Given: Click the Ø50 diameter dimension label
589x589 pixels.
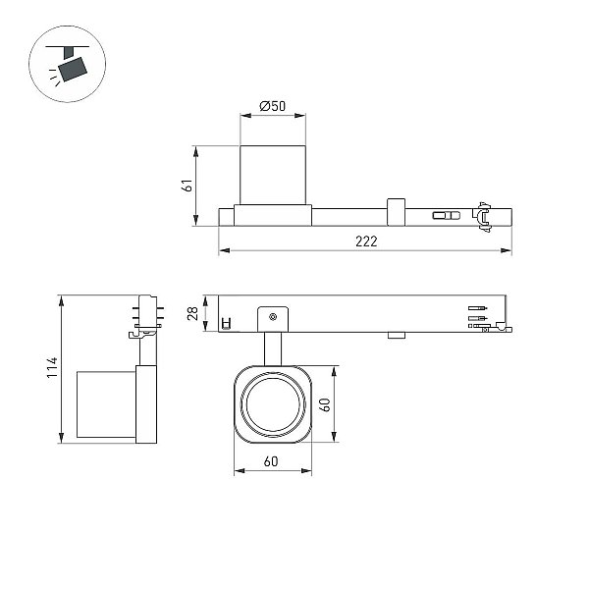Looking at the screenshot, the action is point(273,106).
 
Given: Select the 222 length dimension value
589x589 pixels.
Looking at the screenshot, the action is point(366,241).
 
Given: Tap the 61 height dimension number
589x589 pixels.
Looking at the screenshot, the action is point(187,186).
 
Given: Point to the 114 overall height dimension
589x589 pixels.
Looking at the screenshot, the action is point(52,367).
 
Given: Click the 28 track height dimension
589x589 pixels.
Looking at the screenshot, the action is point(193,313).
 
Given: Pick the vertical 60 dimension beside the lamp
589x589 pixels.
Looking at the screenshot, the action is point(326,404).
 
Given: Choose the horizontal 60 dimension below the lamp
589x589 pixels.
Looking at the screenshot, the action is point(271,461).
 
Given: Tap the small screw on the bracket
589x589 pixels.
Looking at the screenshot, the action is point(273,317).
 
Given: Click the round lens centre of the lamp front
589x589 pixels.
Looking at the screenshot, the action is point(273,403).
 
